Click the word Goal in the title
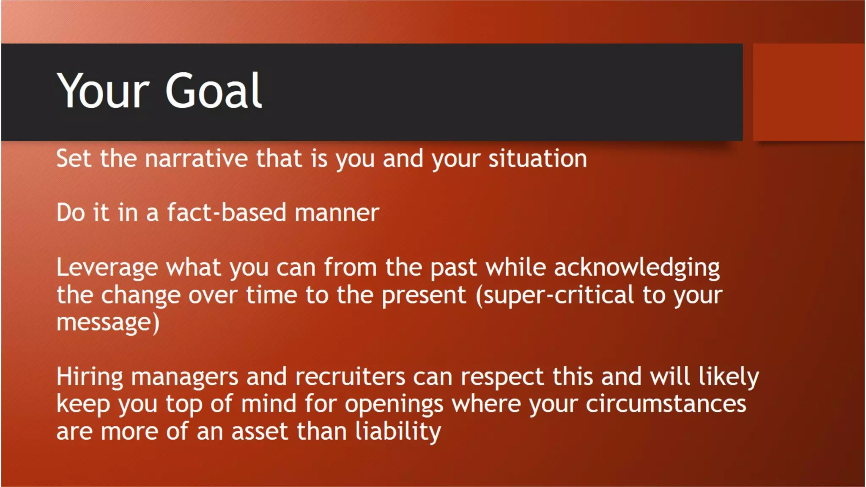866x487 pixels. coord(214,90)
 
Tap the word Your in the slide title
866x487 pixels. coord(103,90)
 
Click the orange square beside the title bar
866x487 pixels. coord(808,92)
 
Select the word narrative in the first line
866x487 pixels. coord(196,159)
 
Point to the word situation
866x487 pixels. coord(537,159)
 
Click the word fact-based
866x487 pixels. coord(227,213)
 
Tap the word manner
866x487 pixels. coord(337,213)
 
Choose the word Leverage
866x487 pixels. coord(107,268)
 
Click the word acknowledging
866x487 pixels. coord(636,268)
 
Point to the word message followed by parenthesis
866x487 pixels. coord(108,323)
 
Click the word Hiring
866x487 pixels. coord(90,377)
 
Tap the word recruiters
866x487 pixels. coord(350,377)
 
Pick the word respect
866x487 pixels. coord(502,377)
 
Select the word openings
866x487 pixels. coord(394,405)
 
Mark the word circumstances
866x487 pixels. coord(666,404)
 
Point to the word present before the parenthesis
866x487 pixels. coord(423,295)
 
